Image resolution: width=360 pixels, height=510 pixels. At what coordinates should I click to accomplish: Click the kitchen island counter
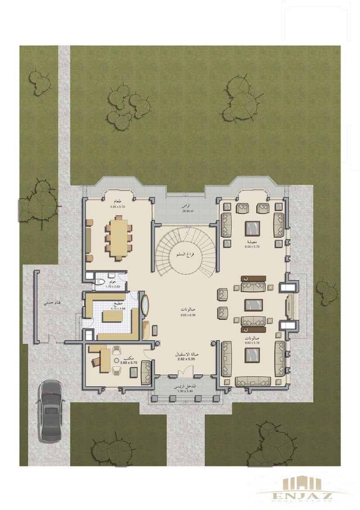[x=113, y=317]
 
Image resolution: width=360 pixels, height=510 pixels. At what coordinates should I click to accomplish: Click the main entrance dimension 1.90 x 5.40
[x=183, y=391]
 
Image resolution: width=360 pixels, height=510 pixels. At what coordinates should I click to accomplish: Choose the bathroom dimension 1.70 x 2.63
[x=111, y=287]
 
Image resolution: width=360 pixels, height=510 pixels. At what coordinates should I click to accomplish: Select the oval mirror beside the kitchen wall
[x=146, y=306]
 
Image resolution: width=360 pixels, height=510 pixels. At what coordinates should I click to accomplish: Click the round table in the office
[x=116, y=361]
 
